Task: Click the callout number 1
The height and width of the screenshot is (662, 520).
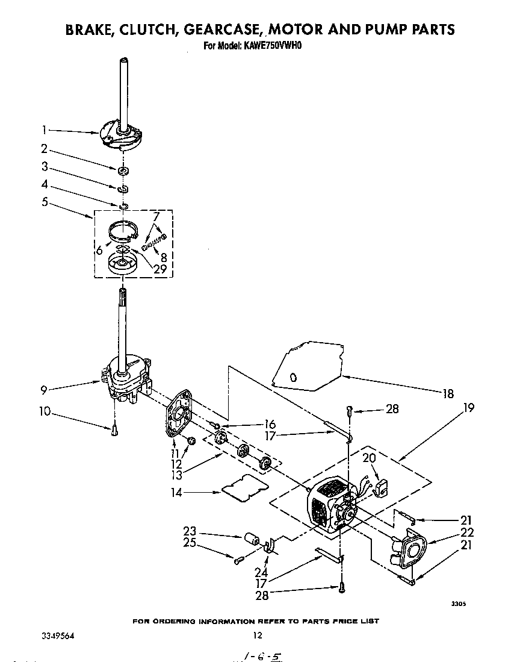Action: click(x=45, y=129)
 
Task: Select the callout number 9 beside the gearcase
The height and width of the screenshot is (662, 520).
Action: click(x=44, y=390)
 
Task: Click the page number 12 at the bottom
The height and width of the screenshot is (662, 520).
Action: click(x=258, y=635)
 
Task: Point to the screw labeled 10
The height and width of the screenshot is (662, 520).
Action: click(x=114, y=429)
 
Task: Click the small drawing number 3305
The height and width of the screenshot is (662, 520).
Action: click(x=458, y=604)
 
